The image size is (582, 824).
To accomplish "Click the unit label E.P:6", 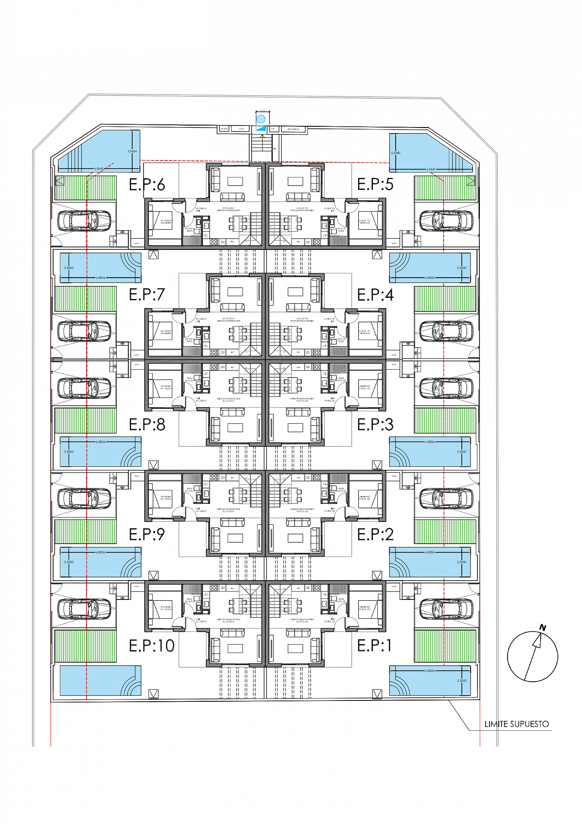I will (147, 184).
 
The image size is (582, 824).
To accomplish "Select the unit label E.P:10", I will (152, 646).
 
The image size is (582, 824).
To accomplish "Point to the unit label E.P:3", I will (375, 425).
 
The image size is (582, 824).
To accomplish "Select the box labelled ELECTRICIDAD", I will (293, 129).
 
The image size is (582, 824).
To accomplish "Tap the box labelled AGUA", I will (242, 129).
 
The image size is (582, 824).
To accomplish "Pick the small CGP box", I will (273, 129).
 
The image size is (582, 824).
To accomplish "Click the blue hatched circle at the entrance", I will (261, 119).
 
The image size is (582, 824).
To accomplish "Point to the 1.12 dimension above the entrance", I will (263, 110).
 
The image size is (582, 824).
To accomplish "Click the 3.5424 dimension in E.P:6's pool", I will (132, 151).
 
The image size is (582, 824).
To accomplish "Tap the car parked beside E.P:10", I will (84, 609).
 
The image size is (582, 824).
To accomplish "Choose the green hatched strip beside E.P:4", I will (445, 299).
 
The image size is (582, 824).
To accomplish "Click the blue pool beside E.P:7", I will (100, 267).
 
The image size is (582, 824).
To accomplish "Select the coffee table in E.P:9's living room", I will (235, 538).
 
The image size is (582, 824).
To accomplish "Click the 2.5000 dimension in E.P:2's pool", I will (461, 562).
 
